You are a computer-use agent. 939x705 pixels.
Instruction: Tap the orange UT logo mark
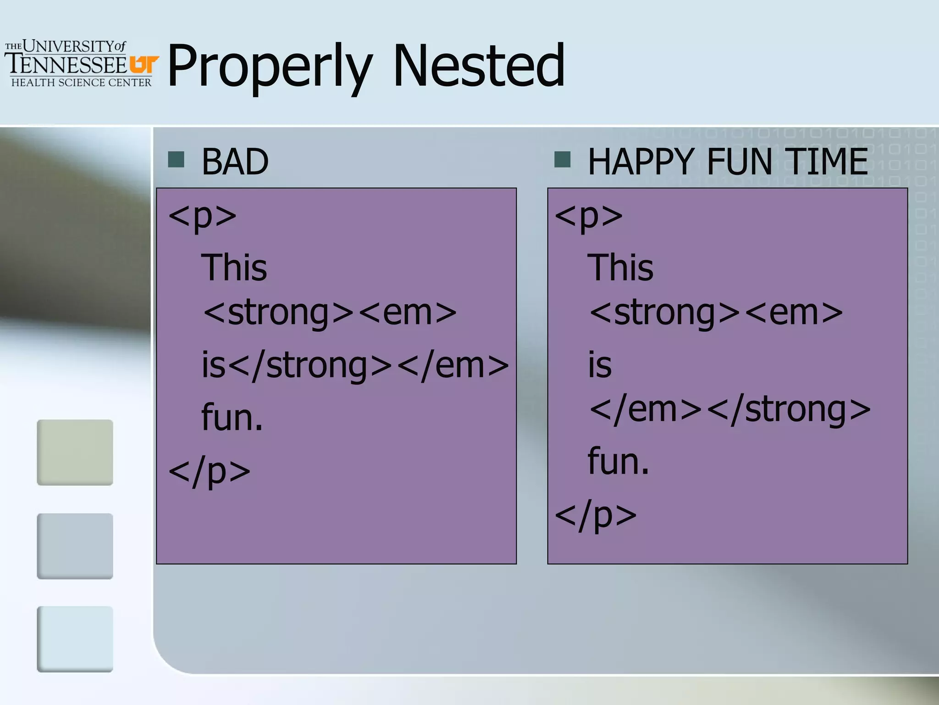click(x=144, y=64)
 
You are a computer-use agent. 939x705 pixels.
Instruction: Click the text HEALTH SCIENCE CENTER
click(x=81, y=83)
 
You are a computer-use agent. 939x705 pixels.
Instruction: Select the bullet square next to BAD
click(x=176, y=160)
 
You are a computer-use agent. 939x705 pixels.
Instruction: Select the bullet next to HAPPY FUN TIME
click(x=562, y=160)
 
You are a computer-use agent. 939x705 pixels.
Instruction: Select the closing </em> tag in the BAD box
click(x=453, y=366)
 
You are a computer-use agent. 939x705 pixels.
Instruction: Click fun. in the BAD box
click(x=232, y=418)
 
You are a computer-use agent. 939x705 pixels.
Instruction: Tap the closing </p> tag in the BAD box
click(x=210, y=471)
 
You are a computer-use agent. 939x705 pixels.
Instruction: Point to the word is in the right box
click(x=600, y=366)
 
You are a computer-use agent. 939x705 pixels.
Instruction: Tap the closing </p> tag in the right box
click(x=596, y=515)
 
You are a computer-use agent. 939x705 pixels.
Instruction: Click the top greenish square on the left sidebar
click(x=75, y=452)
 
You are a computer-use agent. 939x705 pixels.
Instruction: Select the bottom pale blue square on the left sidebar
click(x=75, y=639)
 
